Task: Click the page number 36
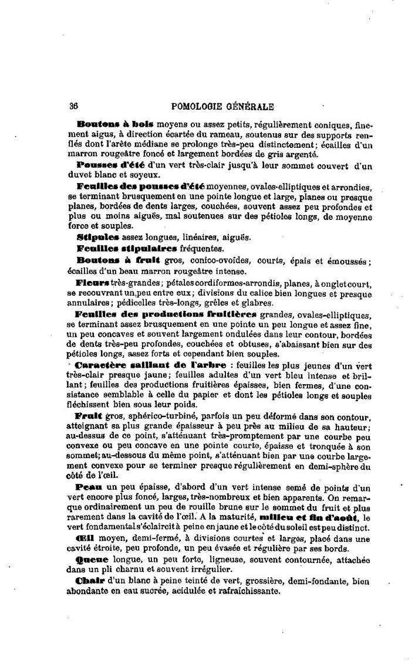[74, 107]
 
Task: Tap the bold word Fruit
[90, 415]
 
